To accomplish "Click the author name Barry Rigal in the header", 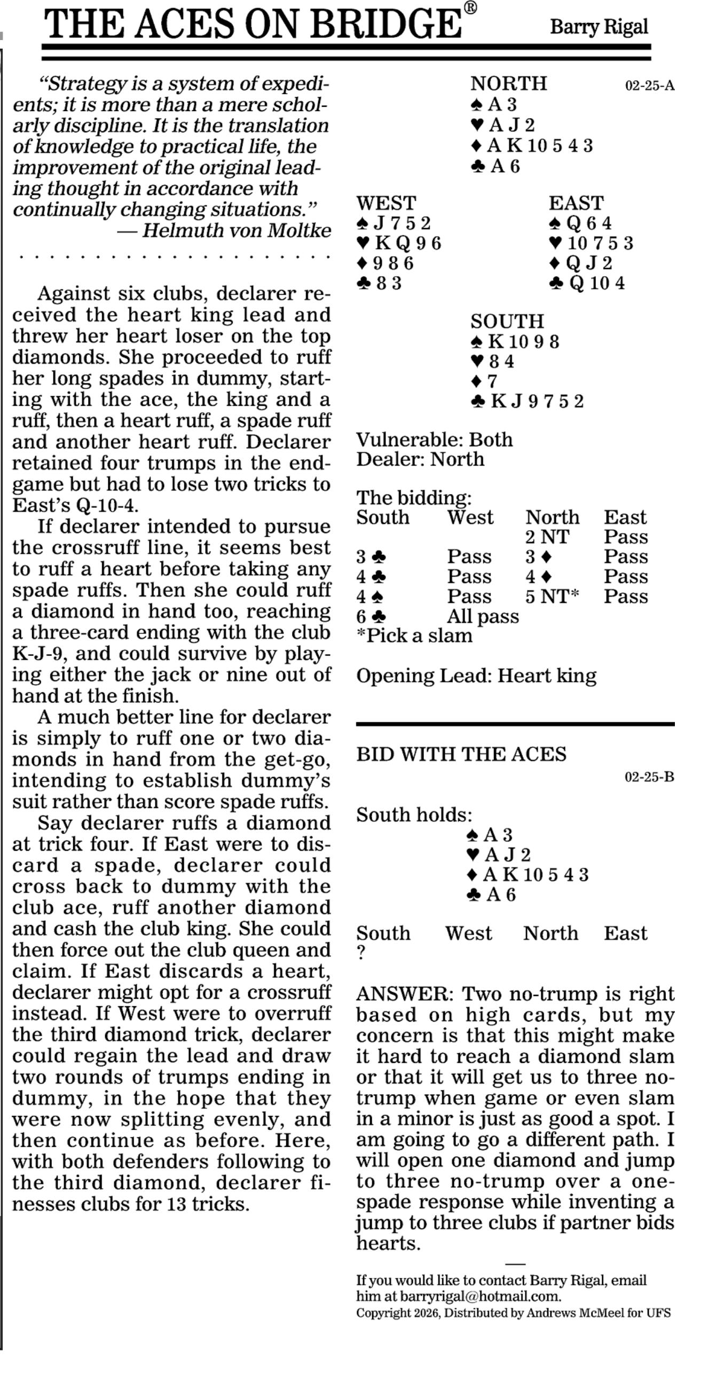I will pos(599,26).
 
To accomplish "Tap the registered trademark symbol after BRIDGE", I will pos(470,8).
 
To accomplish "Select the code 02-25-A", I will pos(649,85).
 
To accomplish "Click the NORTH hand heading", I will pos(508,83).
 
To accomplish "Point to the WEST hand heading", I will pos(386,203).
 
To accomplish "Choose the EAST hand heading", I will pos(576,203).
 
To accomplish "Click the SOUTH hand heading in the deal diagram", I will pos(507,322).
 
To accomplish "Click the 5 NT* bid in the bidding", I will pos(552,596).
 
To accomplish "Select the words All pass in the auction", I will pos(483,617).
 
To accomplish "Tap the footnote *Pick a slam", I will pos(414,636).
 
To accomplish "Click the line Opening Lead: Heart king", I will pos(476,676).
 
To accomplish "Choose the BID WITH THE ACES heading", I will pos(461,754).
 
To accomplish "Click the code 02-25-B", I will pos(649,777).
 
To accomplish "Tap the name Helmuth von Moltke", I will pos(236,230).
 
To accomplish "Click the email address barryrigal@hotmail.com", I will pos(479,1296).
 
